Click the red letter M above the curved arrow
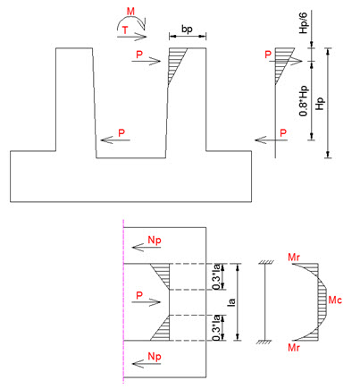[130, 12]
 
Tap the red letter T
[125, 30]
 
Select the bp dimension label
[187, 30]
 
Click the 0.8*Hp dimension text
[304, 100]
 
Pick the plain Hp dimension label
[320, 103]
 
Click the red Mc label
[335, 300]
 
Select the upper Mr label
[294, 258]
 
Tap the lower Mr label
[294, 348]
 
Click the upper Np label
[155, 240]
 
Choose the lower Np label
[155, 357]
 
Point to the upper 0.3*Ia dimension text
[217, 276]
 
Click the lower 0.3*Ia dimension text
[217, 327]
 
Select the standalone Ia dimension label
[231, 301]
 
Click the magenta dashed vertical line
[123, 302]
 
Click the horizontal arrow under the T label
[132, 37]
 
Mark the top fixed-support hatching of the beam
[265, 262]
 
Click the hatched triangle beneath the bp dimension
[175, 61]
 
